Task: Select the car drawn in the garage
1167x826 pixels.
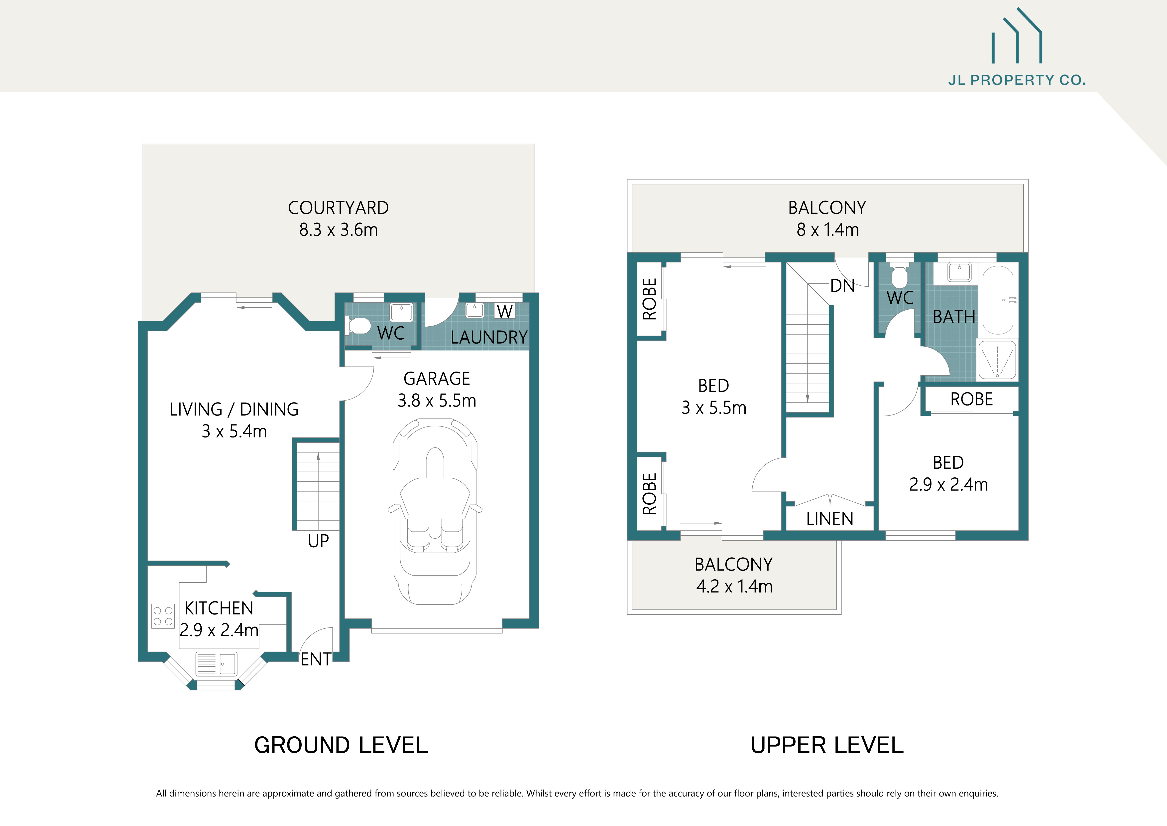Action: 435,511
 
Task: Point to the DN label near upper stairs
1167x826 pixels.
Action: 842,286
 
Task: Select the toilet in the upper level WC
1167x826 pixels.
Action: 900,277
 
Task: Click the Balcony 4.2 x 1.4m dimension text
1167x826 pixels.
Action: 734,587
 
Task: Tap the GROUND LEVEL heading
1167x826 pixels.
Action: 341,745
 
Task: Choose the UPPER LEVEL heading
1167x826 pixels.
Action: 827,745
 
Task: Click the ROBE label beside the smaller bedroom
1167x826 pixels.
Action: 971,399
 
